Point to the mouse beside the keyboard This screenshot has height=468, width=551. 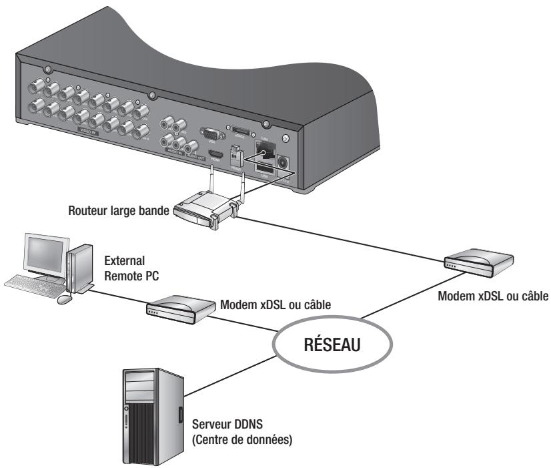pyautogui.click(x=64, y=300)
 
